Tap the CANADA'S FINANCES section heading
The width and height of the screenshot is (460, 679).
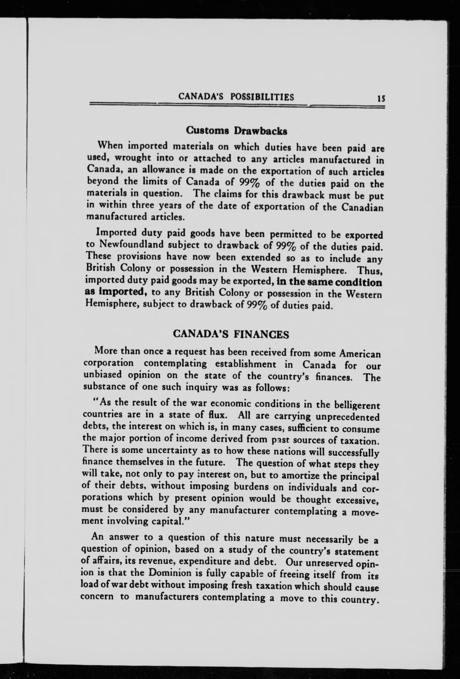tap(231, 334)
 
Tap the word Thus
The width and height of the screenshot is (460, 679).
tap(370, 271)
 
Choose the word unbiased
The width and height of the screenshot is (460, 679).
tap(103, 374)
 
